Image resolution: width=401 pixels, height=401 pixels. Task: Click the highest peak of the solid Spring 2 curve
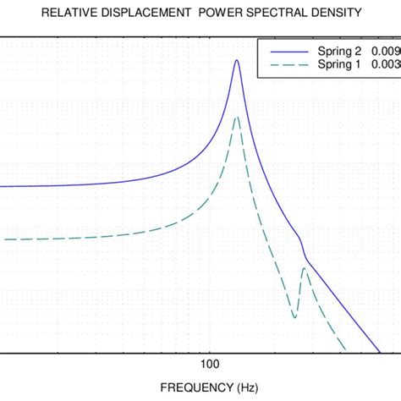pyautogui.click(x=237, y=60)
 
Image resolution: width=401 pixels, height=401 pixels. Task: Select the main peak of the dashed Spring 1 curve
pyautogui.click(x=237, y=117)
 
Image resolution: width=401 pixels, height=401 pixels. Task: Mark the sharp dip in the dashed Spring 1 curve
pyautogui.click(x=294, y=318)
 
